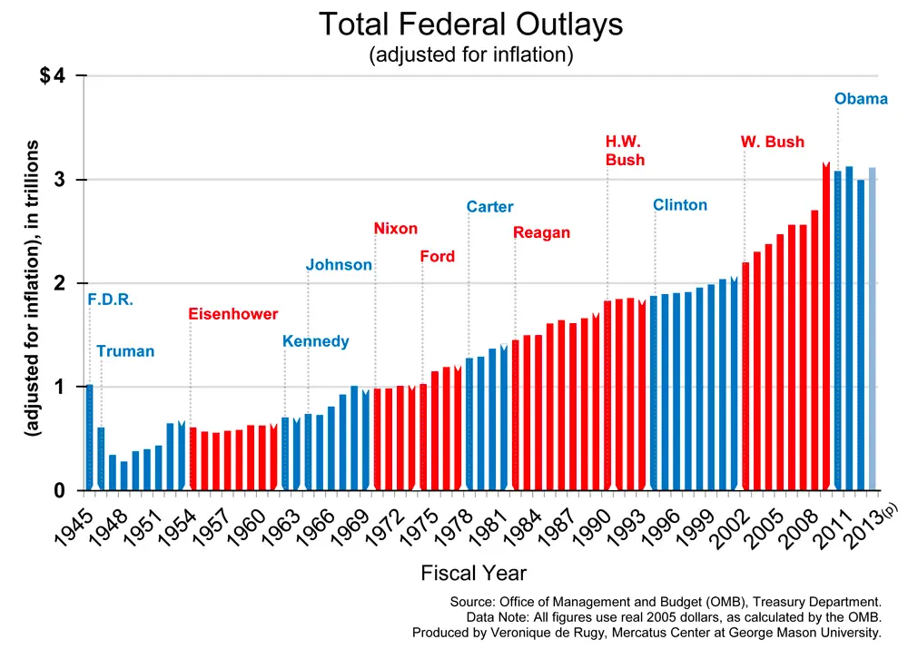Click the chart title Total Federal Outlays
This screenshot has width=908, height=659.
pos(470,25)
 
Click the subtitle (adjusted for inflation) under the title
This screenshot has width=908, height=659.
pos(470,54)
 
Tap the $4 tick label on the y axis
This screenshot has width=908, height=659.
pos(53,76)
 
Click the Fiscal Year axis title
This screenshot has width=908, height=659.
pos(473,573)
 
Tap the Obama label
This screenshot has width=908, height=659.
pos(861,99)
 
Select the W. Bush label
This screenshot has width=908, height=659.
pos(772,143)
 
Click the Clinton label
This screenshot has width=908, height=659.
pos(680,205)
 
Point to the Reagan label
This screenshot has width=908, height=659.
pos(541,233)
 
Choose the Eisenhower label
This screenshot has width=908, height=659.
pos(233,314)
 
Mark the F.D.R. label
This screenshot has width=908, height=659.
pos(111,300)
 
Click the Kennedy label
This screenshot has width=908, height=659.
pos(315,342)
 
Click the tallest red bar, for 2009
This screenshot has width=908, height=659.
pos(826,327)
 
